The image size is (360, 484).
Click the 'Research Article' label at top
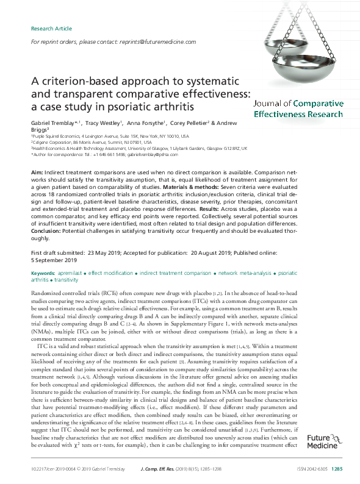(x=51, y=29)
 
